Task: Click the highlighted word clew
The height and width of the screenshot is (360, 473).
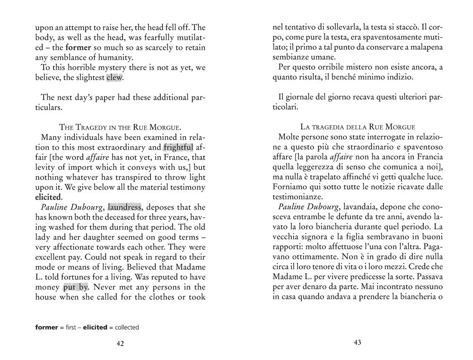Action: (x=114, y=77)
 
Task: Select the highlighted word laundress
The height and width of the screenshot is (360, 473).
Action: (x=124, y=207)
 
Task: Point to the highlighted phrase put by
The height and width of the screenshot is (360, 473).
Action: (x=76, y=287)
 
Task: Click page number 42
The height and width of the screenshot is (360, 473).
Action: (x=120, y=344)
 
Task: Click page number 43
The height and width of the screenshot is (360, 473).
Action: (x=358, y=343)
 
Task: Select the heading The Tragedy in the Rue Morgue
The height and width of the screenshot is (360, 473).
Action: (x=121, y=127)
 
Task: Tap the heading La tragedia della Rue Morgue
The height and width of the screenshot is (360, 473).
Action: (x=358, y=127)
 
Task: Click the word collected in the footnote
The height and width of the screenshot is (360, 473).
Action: (x=127, y=327)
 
